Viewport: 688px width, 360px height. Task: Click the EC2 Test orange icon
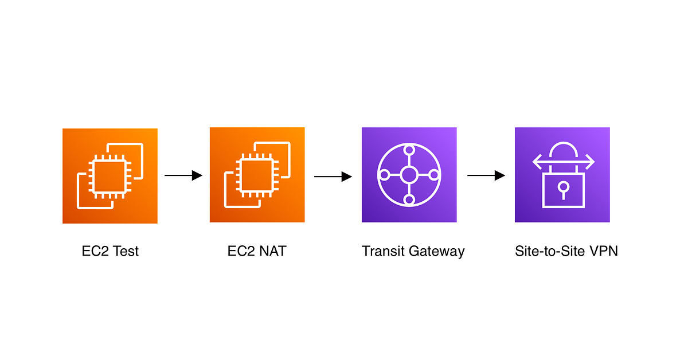click(x=110, y=175)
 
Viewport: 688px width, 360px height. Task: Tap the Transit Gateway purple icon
click(x=409, y=175)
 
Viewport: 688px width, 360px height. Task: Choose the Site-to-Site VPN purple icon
click(x=562, y=175)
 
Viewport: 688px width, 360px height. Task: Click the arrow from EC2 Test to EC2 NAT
click(x=183, y=175)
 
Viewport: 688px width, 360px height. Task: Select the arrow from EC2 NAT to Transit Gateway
click(x=333, y=177)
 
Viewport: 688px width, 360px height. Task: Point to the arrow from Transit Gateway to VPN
click(x=486, y=175)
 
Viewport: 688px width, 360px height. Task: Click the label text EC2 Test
click(x=110, y=251)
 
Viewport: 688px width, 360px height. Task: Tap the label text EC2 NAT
click(x=257, y=251)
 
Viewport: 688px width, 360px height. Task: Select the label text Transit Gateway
click(x=413, y=251)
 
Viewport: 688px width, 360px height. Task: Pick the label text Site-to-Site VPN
click(x=566, y=251)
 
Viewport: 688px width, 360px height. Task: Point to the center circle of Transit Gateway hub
click(x=409, y=175)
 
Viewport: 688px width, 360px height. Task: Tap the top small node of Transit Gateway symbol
click(x=409, y=151)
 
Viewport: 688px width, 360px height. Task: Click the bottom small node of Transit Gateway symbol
click(x=409, y=199)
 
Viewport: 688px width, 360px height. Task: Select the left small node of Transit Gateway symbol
click(x=385, y=175)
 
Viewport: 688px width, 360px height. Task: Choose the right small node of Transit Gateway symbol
click(x=433, y=175)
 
